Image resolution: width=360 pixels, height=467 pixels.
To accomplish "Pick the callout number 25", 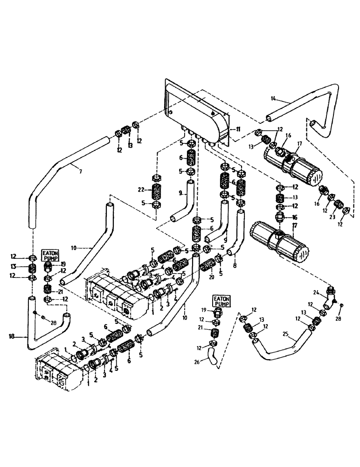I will (x=286, y=334).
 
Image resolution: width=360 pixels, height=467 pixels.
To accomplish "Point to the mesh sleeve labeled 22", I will (x=157, y=192).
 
